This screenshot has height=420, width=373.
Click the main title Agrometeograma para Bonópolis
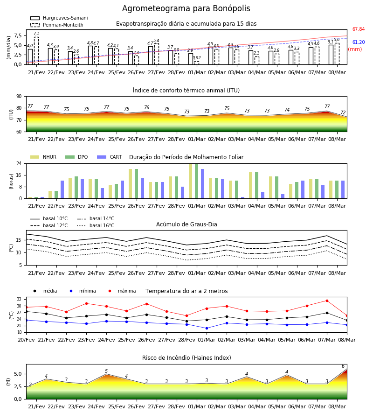click(x=186, y=8)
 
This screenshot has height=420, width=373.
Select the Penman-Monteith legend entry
click(x=57, y=25)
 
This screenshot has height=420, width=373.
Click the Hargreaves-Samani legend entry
click(x=59, y=18)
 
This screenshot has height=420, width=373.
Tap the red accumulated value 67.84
click(x=359, y=29)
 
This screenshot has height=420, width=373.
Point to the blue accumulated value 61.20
click(x=359, y=42)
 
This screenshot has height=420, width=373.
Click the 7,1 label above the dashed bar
click(x=36, y=34)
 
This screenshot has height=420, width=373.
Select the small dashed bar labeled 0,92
click(x=197, y=63)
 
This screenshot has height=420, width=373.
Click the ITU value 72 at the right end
click(x=343, y=112)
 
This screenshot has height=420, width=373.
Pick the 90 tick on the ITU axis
click(x=19, y=97)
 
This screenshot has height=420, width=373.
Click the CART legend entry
click(x=110, y=157)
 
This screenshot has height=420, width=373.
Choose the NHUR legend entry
click(x=43, y=157)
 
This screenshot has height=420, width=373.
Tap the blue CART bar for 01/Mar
click(x=202, y=184)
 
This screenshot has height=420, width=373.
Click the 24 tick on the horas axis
click(x=19, y=163)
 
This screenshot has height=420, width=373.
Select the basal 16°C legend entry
click(x=96, y=225)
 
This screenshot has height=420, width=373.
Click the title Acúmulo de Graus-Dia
click(x=186, y=224)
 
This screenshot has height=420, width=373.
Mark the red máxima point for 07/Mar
click(x=327, y=301)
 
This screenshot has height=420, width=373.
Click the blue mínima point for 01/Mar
click(x=207, y=328)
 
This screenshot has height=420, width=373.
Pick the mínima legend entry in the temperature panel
click(x=81, y=291)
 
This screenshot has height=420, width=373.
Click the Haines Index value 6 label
click(x=343, y=366)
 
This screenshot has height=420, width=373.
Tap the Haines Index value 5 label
click(x=106, y=371)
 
